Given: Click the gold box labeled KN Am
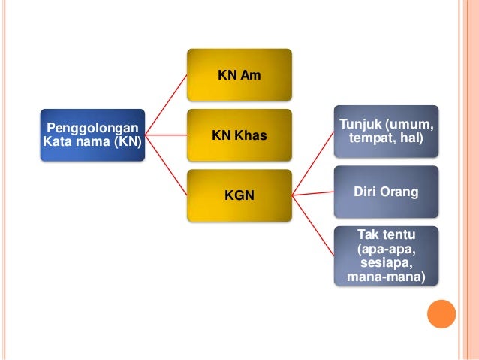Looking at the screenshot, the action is click(239, 75).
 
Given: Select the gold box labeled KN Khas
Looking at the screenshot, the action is click(239, 135).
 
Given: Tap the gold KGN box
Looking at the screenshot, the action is click(239, 195).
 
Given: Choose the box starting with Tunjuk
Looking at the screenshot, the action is click(386, 131).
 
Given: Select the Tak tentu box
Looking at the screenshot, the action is click(386, 255).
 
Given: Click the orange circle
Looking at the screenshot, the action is click(441, 314).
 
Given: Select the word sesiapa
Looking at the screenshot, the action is click(386, 263).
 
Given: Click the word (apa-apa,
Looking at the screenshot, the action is click(386, 250).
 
